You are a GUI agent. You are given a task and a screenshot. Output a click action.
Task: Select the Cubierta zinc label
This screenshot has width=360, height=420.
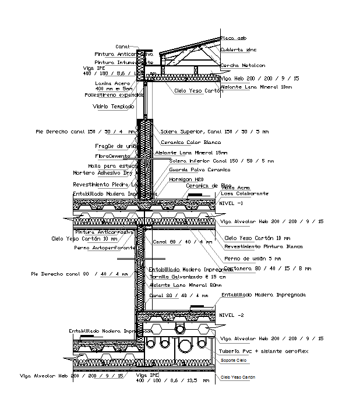coord(238,50)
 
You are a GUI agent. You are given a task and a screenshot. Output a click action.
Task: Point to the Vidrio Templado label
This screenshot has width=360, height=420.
coord(113,107)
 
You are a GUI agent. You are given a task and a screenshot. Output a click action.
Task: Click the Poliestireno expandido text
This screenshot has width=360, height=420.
coord(114,94)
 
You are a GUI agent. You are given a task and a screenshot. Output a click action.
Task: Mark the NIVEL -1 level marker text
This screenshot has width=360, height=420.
coord(231,203)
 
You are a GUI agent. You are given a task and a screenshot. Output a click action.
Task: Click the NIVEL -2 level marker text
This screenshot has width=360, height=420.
coord(231,315)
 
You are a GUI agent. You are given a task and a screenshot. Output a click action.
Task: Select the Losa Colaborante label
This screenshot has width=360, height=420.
coord(245,193)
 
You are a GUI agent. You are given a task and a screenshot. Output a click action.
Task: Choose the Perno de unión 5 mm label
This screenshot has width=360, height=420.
coord(252,259)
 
